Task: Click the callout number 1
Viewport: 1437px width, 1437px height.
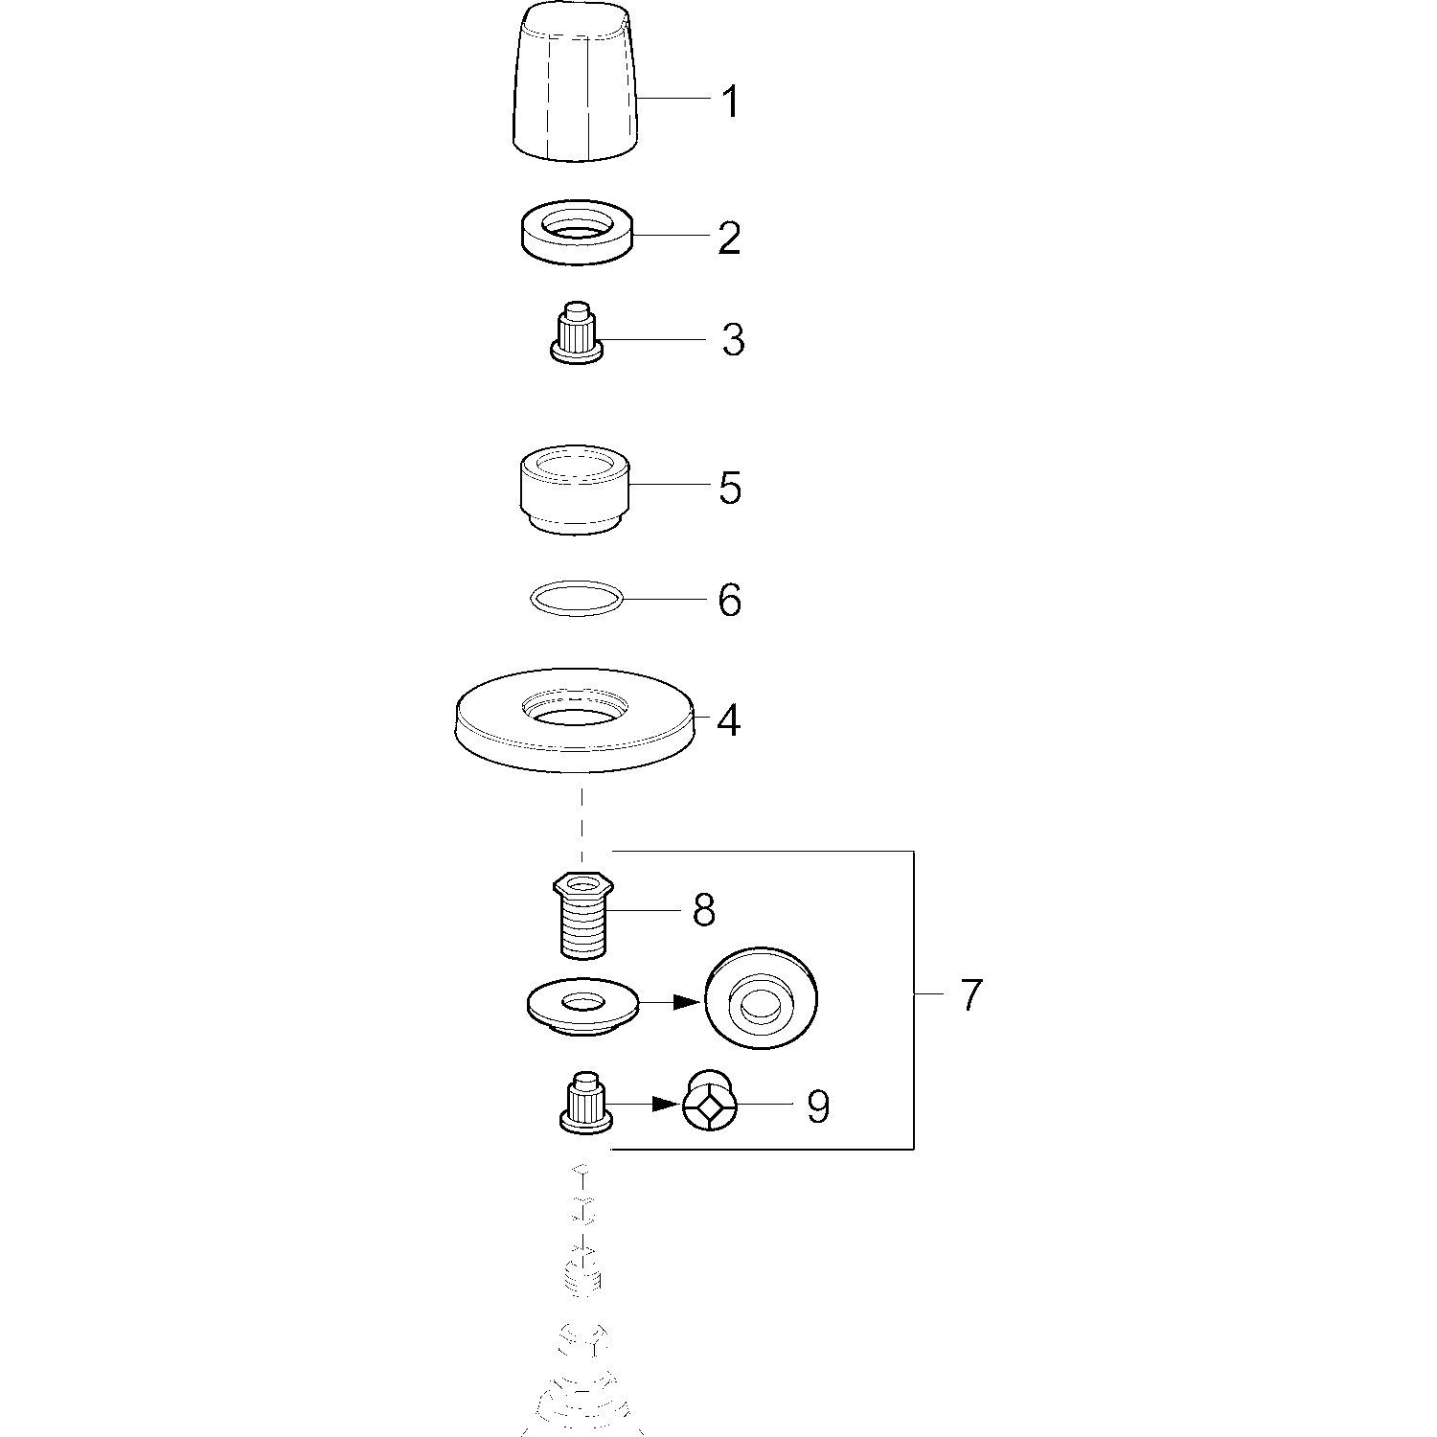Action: (731, 102)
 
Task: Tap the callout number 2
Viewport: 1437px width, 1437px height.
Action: (730, 237)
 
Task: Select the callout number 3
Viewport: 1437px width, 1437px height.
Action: (733, 340)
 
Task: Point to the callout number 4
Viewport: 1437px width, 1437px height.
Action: (728, 720)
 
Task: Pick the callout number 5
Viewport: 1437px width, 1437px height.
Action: (730, 488)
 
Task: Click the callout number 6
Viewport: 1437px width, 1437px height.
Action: (730, 601)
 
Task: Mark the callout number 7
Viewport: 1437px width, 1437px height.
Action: (970, 995)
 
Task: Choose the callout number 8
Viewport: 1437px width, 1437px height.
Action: (704, 911)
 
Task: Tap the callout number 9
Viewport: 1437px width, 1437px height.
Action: (817, 1107)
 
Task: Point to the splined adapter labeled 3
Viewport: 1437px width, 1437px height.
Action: (577, 331)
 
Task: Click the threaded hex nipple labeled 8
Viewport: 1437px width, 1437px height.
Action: (583, 914)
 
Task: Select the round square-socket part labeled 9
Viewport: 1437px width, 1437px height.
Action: (710, 1102)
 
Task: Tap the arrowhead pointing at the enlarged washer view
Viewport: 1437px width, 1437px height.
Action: (685, 1001)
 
